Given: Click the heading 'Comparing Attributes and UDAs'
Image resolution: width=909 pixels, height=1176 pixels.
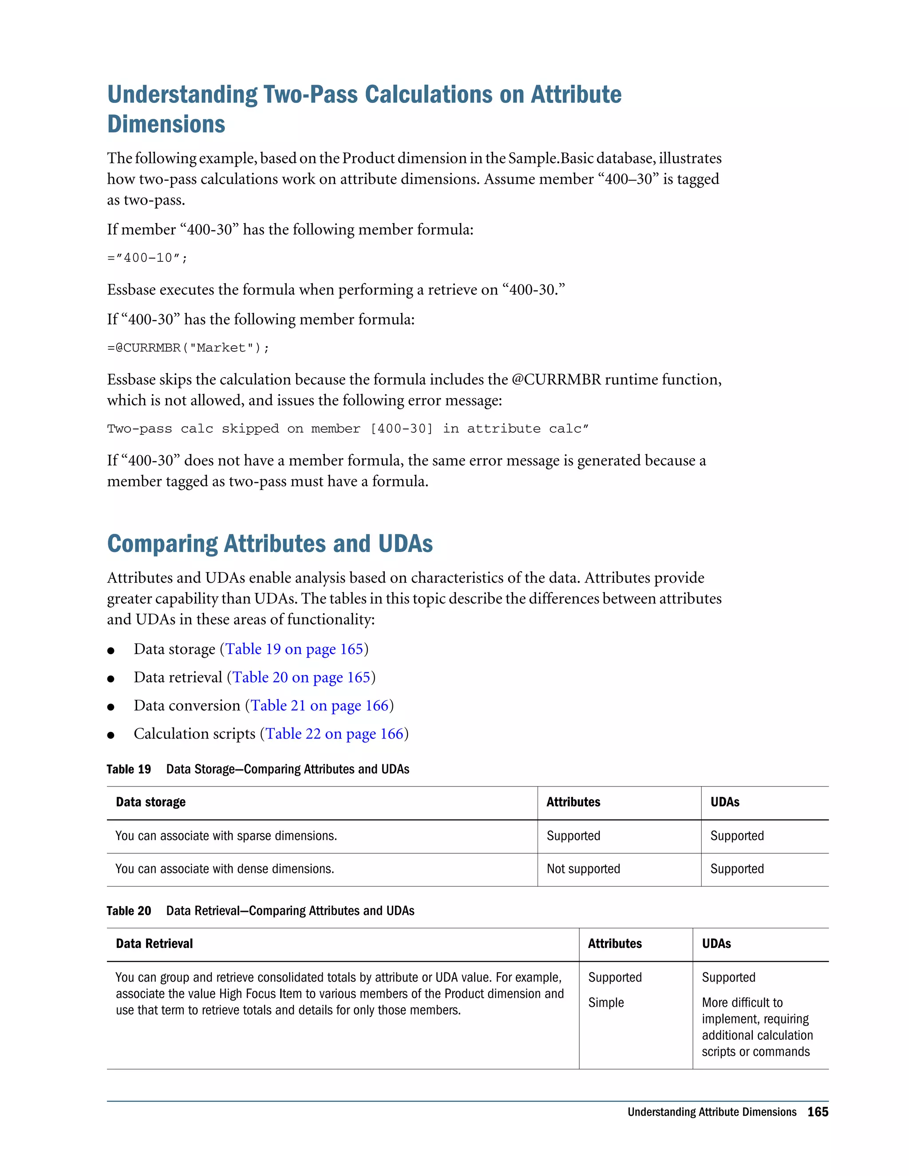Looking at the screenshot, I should click(x=270, y=544).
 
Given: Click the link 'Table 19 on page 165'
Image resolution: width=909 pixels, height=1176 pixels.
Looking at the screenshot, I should click(x=294, y=649).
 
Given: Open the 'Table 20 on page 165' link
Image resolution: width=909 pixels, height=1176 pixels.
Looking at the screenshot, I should click(x=301, y=677).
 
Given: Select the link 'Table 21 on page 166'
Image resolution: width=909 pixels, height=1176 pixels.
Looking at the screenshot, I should click(x=319, y=706).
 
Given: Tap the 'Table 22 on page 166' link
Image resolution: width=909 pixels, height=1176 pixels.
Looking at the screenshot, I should click(x=334, y=734).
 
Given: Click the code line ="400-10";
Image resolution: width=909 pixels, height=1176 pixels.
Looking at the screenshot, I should click(x=147, y=258).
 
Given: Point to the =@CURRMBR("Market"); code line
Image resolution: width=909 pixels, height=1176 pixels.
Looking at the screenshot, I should click(x=188, y=348).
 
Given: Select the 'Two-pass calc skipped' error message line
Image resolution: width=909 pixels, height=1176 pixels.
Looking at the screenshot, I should click(x=348, y=429).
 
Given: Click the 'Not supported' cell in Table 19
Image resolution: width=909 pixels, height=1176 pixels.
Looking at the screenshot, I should click(x=583, y=868).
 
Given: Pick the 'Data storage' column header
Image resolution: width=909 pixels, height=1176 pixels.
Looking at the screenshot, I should click(x=151, y=802).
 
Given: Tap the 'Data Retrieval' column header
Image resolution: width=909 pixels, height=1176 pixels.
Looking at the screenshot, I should click(x=154, y=943).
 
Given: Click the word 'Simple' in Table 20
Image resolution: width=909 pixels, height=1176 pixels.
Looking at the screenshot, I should click(x=606, y=1002).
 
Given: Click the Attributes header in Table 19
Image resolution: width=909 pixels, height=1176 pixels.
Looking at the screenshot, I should click(x=573, y=802).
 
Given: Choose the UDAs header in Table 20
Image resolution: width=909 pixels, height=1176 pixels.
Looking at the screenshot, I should click(x=716, y=943).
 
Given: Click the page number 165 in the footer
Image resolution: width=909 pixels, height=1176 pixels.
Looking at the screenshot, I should click(x=818, y=1112).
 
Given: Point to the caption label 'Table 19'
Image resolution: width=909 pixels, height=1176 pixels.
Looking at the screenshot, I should click(x=129, y=769).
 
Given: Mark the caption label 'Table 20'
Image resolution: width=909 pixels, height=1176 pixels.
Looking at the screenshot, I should click(x=129, y=911).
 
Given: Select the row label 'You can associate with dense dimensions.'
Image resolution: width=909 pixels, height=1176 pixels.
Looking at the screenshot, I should click(x=225, y=868).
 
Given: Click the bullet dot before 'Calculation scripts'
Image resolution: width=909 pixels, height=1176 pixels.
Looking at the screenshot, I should click(x=111, y=735).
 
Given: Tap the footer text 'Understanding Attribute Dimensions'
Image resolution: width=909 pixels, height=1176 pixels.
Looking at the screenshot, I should click(x=711, y=1112).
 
